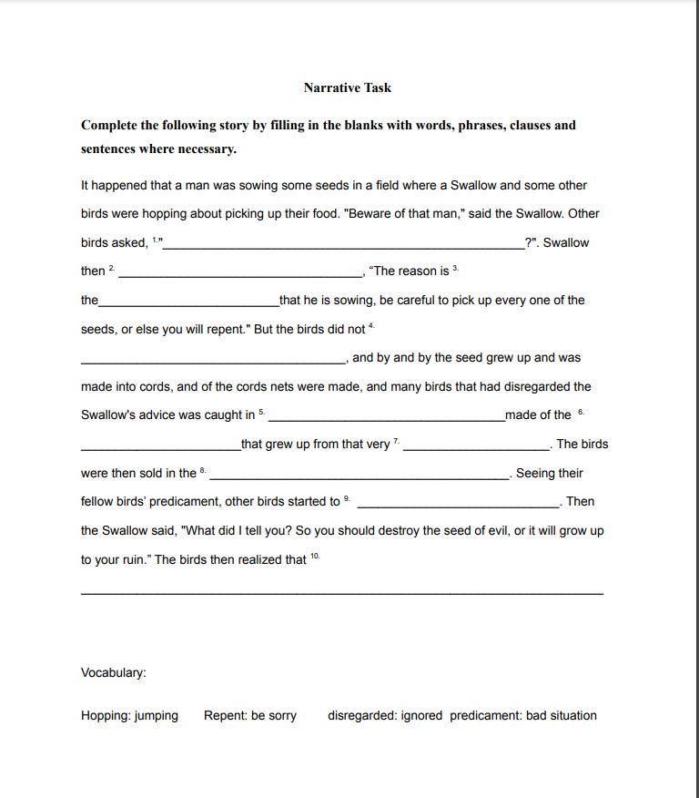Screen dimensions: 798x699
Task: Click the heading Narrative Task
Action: [x=348, y=87]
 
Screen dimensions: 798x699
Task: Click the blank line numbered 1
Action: [x=343, y=244]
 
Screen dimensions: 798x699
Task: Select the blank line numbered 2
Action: [x=240, y=272]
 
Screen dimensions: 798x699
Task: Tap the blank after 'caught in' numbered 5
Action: [x=386, y=416]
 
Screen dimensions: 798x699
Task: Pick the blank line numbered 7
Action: [x=476, y=445]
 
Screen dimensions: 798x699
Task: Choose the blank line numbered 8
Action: [x=360, y=475]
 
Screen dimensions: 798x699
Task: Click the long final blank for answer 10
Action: [x=341, y=592]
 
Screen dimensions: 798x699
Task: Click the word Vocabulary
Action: [x=113, y=672]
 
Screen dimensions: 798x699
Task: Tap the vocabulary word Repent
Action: [x=223, y=716]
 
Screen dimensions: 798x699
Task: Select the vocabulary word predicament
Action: [x=485, y=716]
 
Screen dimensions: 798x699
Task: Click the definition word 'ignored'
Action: [x=421, y=716]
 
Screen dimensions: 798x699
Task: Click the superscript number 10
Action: [x=315, y=556]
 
